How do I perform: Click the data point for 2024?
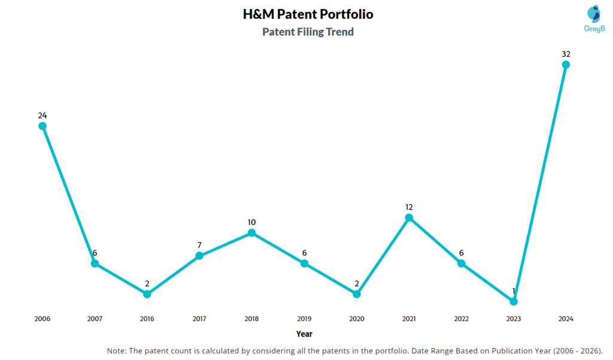[566, 65]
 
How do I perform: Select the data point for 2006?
[43, 126]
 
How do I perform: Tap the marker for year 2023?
[514, 301]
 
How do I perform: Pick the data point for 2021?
[409, 217]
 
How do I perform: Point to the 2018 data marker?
[252, 232]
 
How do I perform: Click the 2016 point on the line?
[147, 294]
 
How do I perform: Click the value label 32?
[566, 54]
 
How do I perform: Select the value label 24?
[43, 115]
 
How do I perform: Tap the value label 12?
[409, 207]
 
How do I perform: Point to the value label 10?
[252, 222]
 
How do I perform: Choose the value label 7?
[199, 245]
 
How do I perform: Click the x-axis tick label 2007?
[95, 319]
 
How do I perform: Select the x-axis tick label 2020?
[357, 319]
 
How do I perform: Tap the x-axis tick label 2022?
[461, 319]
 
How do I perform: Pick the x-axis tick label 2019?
[304, 319]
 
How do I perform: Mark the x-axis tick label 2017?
[199, 319]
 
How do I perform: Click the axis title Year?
[304, 334]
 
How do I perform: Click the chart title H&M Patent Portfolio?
[308, 14]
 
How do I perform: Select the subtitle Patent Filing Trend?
[308, 32]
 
